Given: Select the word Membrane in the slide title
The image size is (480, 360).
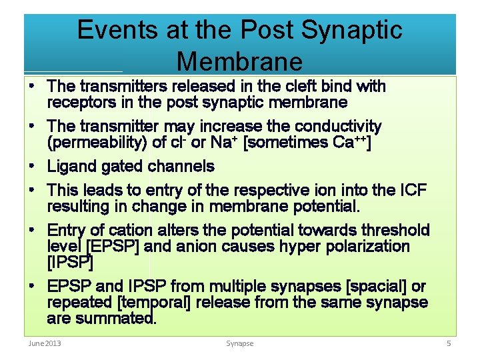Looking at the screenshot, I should click(x=239, y=61).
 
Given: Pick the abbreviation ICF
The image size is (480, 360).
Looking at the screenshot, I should click(x=411, y=190).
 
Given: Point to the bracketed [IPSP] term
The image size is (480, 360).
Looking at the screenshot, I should click(x=70, y=263).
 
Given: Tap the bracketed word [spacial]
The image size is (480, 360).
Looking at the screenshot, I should click(x=375, y=287).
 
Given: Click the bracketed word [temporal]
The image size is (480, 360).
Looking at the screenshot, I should click(x=155, y=303).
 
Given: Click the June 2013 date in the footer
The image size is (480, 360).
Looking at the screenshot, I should click(x=43, y=343).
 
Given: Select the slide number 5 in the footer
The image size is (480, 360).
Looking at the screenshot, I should click(x=449, y=343).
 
